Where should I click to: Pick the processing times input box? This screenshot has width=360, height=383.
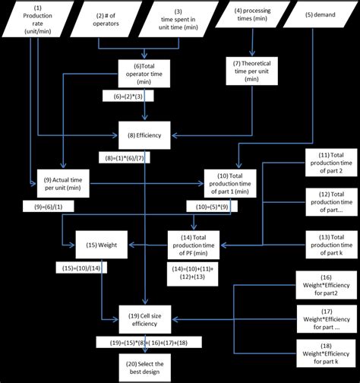pos(251,15)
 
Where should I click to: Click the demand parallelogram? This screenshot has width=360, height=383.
pos(319,15)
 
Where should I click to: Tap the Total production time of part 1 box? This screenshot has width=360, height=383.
pos(235,182)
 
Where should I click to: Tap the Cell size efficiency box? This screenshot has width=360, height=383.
pos(144,317)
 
